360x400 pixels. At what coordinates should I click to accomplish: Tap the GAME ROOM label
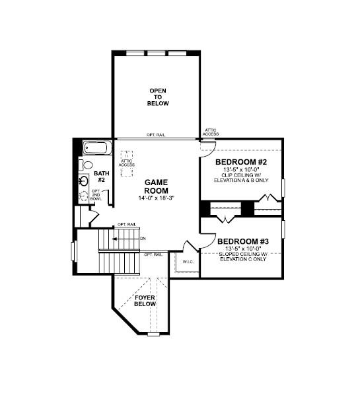click(x=159, y=186)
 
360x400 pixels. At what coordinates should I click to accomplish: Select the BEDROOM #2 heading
click(x=242, y=161)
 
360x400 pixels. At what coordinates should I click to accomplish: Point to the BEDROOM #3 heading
click(x=242, y=241)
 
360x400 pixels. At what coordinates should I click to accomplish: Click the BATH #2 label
click(x=102, y=177)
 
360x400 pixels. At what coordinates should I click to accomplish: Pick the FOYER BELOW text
click(x=145, y=301)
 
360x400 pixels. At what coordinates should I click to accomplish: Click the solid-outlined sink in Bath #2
click(x=84, y=180)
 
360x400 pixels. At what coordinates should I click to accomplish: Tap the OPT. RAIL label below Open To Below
click(x=156, y=135)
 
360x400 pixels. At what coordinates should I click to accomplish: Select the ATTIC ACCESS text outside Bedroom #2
click(x=211, y=132)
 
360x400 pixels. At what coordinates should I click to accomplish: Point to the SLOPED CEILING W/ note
click(x=242, y=254)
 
